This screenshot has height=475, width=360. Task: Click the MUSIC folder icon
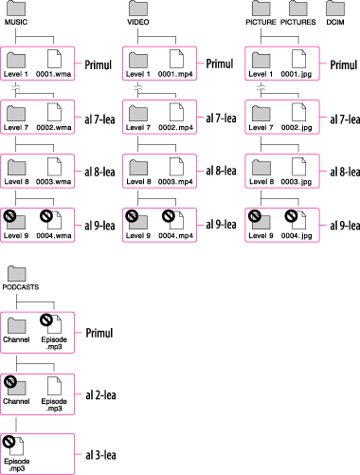16,9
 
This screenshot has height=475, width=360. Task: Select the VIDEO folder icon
138,9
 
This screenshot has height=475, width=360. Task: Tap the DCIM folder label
335,22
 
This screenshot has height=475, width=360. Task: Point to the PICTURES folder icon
298,9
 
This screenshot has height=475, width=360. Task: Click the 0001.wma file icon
54,59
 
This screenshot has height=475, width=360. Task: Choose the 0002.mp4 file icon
176,112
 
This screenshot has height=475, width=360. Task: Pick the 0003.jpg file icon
298,166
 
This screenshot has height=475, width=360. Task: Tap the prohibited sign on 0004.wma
46,216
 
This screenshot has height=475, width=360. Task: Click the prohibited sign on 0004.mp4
169,216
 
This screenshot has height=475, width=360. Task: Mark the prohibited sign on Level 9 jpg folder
255,216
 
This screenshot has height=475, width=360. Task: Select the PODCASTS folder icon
17,274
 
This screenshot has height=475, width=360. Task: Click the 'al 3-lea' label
100,455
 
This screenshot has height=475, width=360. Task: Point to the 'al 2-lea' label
100,395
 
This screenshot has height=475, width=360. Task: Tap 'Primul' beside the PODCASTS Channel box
99,333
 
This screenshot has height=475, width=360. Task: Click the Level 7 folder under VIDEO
138,114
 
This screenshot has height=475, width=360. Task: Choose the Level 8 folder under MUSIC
17,167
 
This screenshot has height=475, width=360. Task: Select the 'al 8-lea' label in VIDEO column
221,171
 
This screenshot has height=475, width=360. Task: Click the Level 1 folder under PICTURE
261,60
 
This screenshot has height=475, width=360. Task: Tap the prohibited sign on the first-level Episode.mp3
46,320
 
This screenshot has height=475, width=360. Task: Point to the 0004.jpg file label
297,235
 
